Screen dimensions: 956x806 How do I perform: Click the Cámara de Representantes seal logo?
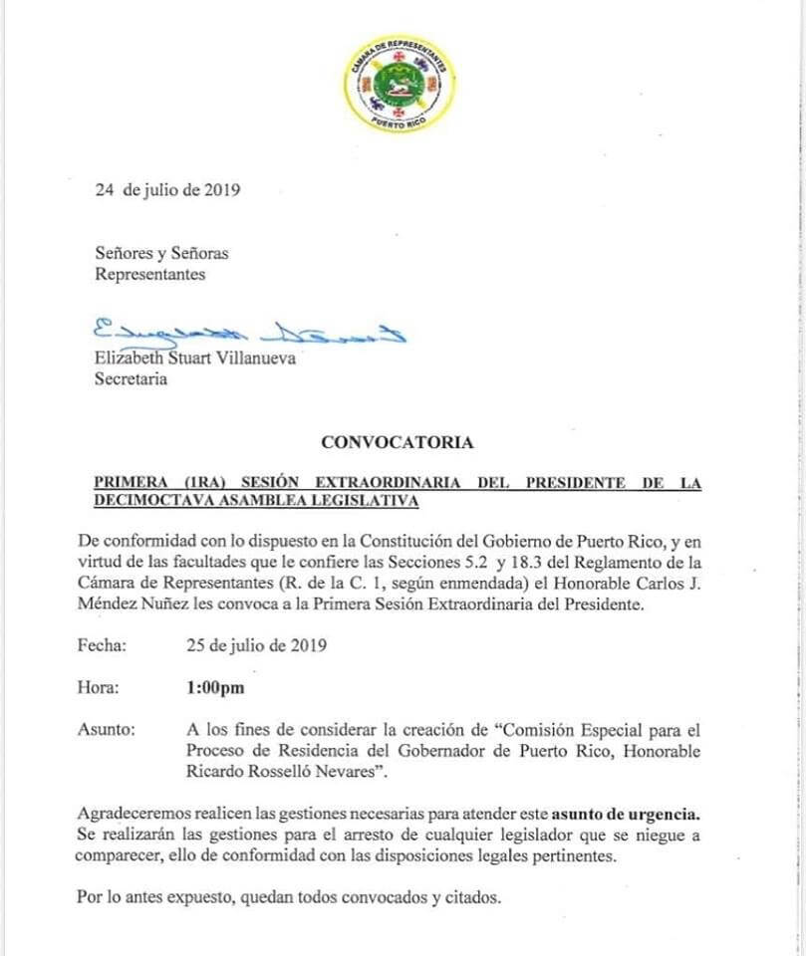pyautogui.click(x=398, y=87)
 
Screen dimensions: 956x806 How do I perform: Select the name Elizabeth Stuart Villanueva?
pyautogui.click(x=194, y=359)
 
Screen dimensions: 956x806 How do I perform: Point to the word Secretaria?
pyautogui.click(x=131, y=378)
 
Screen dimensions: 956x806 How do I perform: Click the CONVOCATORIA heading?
pyautogui.click(x=398, y=442)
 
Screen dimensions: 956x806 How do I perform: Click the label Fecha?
pyautogui.click(x=103, y=645)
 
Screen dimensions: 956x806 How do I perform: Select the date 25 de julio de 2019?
pyautogui.click(x=257, y=645)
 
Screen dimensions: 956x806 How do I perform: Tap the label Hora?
pyautogui.click(x=99, y=687)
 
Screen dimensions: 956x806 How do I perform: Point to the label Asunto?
pyautogui.click(x=105, y=729)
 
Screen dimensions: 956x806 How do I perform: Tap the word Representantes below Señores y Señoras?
pyautogui.click(x=150, y=274)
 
